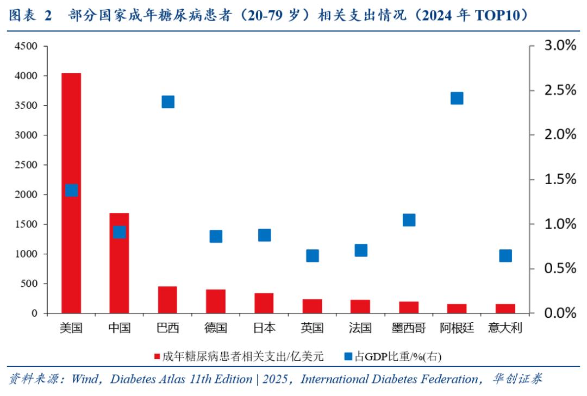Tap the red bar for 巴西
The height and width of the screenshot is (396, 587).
coord(167,299)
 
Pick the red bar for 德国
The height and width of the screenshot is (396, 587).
coord(216,301)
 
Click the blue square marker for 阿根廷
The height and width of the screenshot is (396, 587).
coord(457,98)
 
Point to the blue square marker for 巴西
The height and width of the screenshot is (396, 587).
coord(168,102)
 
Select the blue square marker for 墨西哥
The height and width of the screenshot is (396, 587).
coord(409,220)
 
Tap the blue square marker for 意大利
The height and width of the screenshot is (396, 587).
coord(505,256)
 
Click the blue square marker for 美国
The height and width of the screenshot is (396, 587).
coord(72,190)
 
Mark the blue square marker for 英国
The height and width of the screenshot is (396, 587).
coord(313,256)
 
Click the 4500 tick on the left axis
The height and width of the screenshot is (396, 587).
coord(27,47)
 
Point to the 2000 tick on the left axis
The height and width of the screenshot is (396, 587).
coord(27,194)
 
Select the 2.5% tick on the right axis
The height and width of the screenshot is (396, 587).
coord(560,90)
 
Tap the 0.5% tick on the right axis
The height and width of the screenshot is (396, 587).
coord(560,268)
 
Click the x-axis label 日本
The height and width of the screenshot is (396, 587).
coord(264,328)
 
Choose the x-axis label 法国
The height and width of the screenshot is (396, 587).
coord(361,328)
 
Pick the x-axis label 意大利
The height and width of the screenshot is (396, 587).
coord(505,328)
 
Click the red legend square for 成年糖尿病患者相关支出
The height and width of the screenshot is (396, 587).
coord(157,357)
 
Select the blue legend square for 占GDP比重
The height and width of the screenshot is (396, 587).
coord(348,357)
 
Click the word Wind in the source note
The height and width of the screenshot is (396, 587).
coord(85,379)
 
